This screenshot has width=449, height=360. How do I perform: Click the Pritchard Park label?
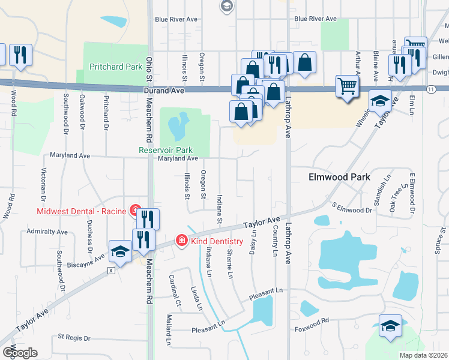(116, 66)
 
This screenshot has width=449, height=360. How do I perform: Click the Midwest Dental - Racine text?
(81, 211)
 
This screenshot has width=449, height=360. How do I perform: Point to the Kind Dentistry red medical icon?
(181, 240)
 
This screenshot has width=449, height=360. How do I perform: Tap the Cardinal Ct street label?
(174, 289)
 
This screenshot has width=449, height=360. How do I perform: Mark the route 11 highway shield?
(431, 89)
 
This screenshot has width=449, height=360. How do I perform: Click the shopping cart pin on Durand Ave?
(347, 87)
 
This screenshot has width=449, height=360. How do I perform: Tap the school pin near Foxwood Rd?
(390, 327)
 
